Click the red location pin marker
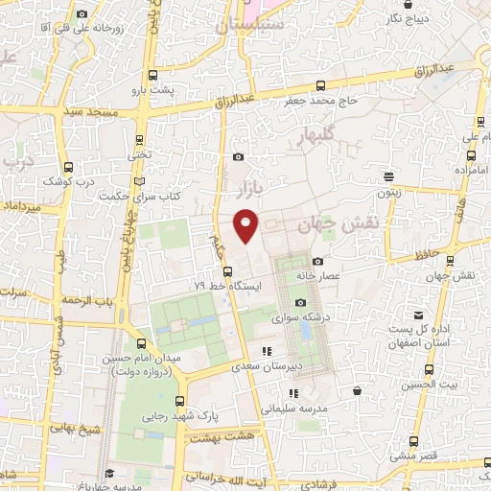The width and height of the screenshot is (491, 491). point(246,225)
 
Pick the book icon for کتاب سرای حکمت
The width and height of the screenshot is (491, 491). point(140,182)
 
